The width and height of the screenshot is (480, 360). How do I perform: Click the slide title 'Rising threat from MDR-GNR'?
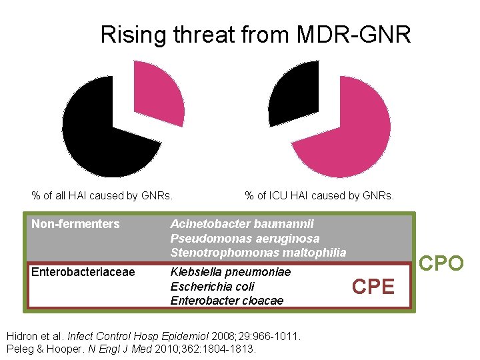point(255,34)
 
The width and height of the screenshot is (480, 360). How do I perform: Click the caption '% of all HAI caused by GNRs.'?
point(102,195)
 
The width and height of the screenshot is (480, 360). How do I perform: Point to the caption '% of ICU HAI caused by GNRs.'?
point(319,195)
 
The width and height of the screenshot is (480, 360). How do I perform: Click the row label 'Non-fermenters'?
point(75,224)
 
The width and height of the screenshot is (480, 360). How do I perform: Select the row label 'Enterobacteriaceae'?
point(83,272)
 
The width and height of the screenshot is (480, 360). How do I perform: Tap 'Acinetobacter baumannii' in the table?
point(242,224)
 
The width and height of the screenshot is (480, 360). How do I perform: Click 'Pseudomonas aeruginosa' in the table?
point(245,238)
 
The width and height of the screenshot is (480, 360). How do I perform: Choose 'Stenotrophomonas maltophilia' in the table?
point(258,253)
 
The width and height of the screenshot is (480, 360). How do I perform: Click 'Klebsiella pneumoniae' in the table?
point(231,272)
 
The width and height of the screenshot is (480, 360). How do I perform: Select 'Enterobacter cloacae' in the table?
point(227,301)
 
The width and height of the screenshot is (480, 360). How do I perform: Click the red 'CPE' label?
point(373,287)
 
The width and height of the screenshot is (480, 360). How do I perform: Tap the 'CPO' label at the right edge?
point(441,264)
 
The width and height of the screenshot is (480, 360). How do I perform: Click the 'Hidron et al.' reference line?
point(154,337)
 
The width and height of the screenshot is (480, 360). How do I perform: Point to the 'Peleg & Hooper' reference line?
point(131,349)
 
